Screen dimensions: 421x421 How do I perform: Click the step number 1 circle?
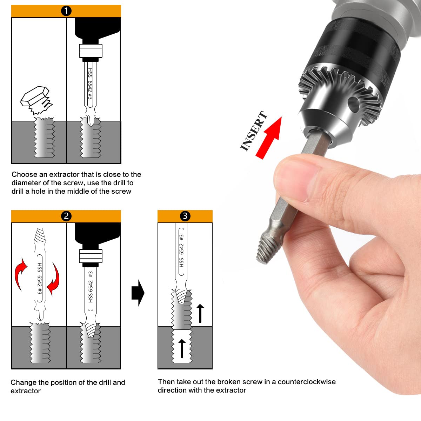[x=66, y=11]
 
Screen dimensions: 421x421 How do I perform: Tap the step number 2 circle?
[x=66, y=216]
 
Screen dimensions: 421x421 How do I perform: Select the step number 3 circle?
[x=185, y=216]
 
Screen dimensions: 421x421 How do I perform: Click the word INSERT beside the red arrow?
[x=253, y=131]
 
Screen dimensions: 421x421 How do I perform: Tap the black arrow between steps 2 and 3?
[x=138, y=293]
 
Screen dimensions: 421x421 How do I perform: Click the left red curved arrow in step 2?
[x=20, y=274]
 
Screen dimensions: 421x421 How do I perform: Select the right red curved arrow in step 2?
[x=54, y=280]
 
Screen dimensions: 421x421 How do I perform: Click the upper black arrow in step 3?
[x=200, y=313]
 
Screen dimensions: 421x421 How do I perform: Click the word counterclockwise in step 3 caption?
[x=307, y=382]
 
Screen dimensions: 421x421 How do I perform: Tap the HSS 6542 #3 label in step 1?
[x=90, y=84]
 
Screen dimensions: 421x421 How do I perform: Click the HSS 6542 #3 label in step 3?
[x=181, y=251]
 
